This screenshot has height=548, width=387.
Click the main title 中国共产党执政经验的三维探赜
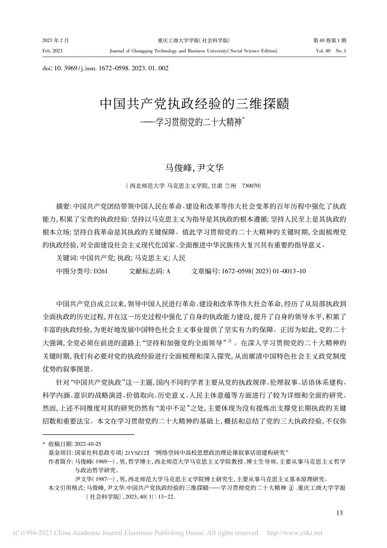pyautogui.click(x=194, y=104)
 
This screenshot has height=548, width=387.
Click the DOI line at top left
pyautogui.click(x=105, y=68)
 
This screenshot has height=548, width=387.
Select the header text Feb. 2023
pyautogui.click(x=52, y=51)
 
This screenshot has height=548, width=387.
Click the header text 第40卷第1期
pyautogui.click(x=330, y=41)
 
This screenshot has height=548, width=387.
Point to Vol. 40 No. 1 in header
pyautogui.click(x=331, y=51)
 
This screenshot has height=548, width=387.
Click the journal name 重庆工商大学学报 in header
pyautogui.click(x=178, y=41)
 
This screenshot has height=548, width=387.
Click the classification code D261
pyautogui.click(x=100, y=271)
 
